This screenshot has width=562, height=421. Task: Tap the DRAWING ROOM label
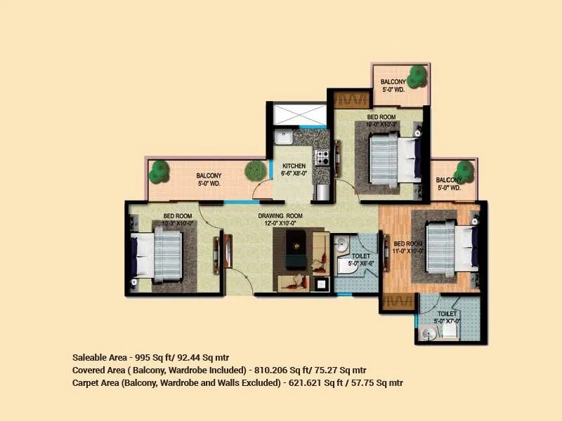280,215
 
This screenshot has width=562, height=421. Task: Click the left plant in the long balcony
161,170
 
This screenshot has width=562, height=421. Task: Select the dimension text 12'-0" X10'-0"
280,223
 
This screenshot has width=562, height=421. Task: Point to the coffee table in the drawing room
298,250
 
